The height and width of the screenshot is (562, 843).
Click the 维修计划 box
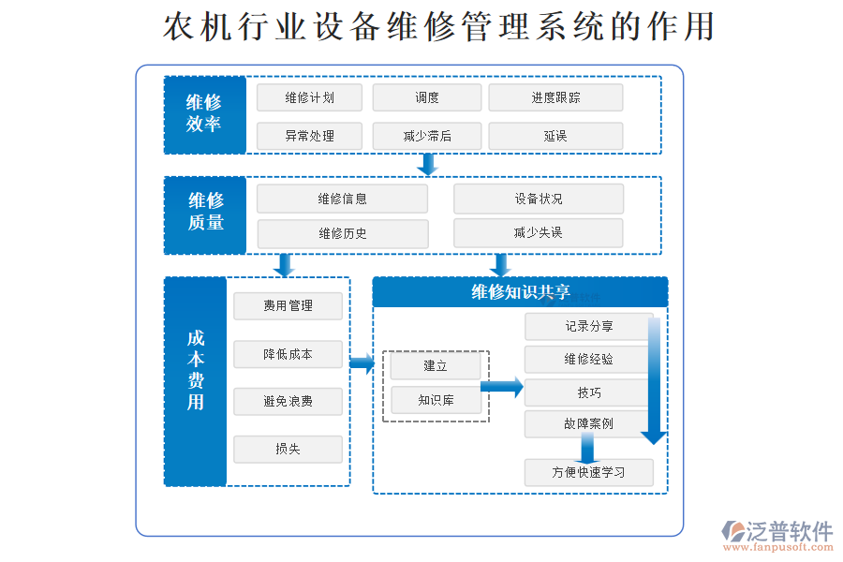pos(309,97)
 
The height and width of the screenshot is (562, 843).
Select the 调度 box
pos(427,97)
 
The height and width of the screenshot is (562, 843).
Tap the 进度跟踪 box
pos(555,97)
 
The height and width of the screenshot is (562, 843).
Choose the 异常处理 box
pos(309,136)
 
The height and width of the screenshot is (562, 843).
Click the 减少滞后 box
pos(427,136)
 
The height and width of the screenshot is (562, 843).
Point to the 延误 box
pos(555,136)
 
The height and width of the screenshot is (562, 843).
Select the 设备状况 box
pos(539,199)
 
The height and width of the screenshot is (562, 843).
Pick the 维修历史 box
pos(343,233)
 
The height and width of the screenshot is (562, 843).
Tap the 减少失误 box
pos(539,232)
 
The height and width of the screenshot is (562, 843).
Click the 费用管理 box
pos(288,305)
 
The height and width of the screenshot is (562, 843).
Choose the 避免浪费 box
pos(288,402)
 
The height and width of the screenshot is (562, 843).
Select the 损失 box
pos(288,449)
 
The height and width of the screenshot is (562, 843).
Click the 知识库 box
pos(436,400)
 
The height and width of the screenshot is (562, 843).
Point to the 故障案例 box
pos(588,423)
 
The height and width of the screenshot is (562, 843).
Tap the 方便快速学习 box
pos(588,472)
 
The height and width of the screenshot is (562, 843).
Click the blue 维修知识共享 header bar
pos(520,292)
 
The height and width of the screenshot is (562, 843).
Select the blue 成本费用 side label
pos(196,381)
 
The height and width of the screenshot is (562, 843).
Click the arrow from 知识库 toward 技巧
pos(502,386)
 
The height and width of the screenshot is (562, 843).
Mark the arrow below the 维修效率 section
pos(428,165)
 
